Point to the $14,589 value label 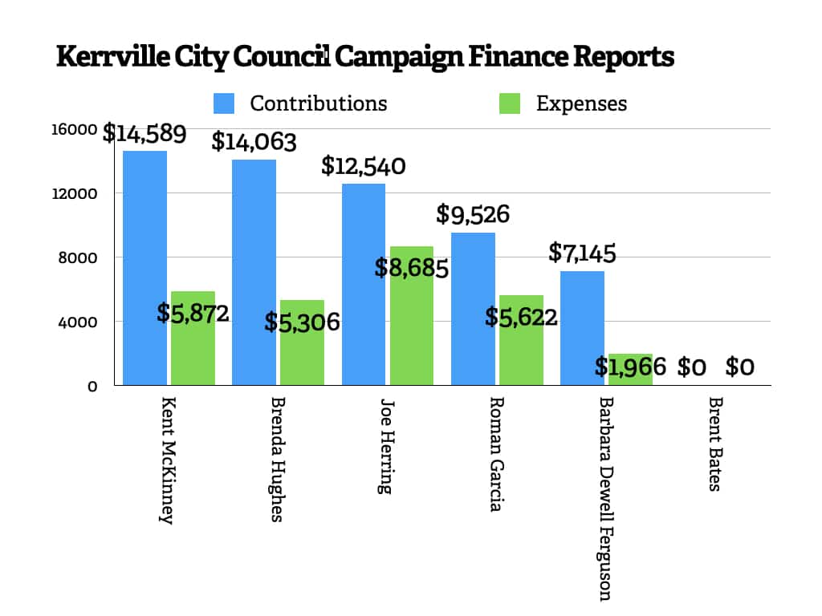pos(144,133)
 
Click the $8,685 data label pos(411,267)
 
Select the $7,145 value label pos(582,253)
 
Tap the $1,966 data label pos(630,367)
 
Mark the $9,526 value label pos(473,214)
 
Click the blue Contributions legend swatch pos(224,103)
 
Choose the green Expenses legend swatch pos(510,103)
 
